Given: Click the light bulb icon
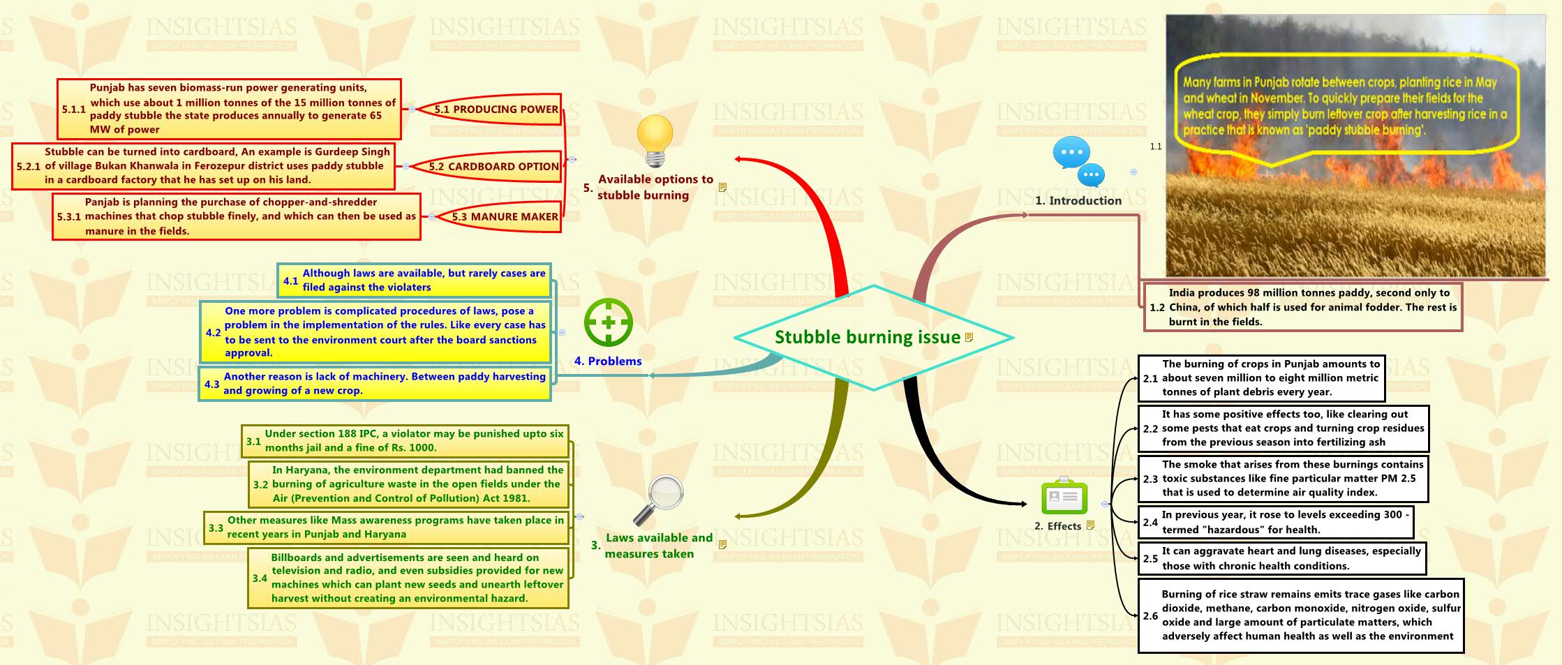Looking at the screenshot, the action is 655,140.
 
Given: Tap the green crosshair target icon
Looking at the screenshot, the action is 608,322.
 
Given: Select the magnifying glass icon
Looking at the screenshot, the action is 658,500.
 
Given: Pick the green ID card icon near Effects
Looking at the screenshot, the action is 1064,497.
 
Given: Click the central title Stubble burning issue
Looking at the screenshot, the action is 867,338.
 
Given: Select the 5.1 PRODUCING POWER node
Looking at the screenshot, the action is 496,110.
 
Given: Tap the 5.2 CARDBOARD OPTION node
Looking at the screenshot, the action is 493,167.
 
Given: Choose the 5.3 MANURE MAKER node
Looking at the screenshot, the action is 504,217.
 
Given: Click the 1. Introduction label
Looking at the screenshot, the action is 1078,201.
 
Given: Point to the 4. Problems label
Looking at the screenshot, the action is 607,361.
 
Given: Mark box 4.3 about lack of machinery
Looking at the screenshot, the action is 375,384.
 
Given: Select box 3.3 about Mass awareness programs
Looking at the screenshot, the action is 387,528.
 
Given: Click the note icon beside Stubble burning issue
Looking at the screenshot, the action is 969,338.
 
